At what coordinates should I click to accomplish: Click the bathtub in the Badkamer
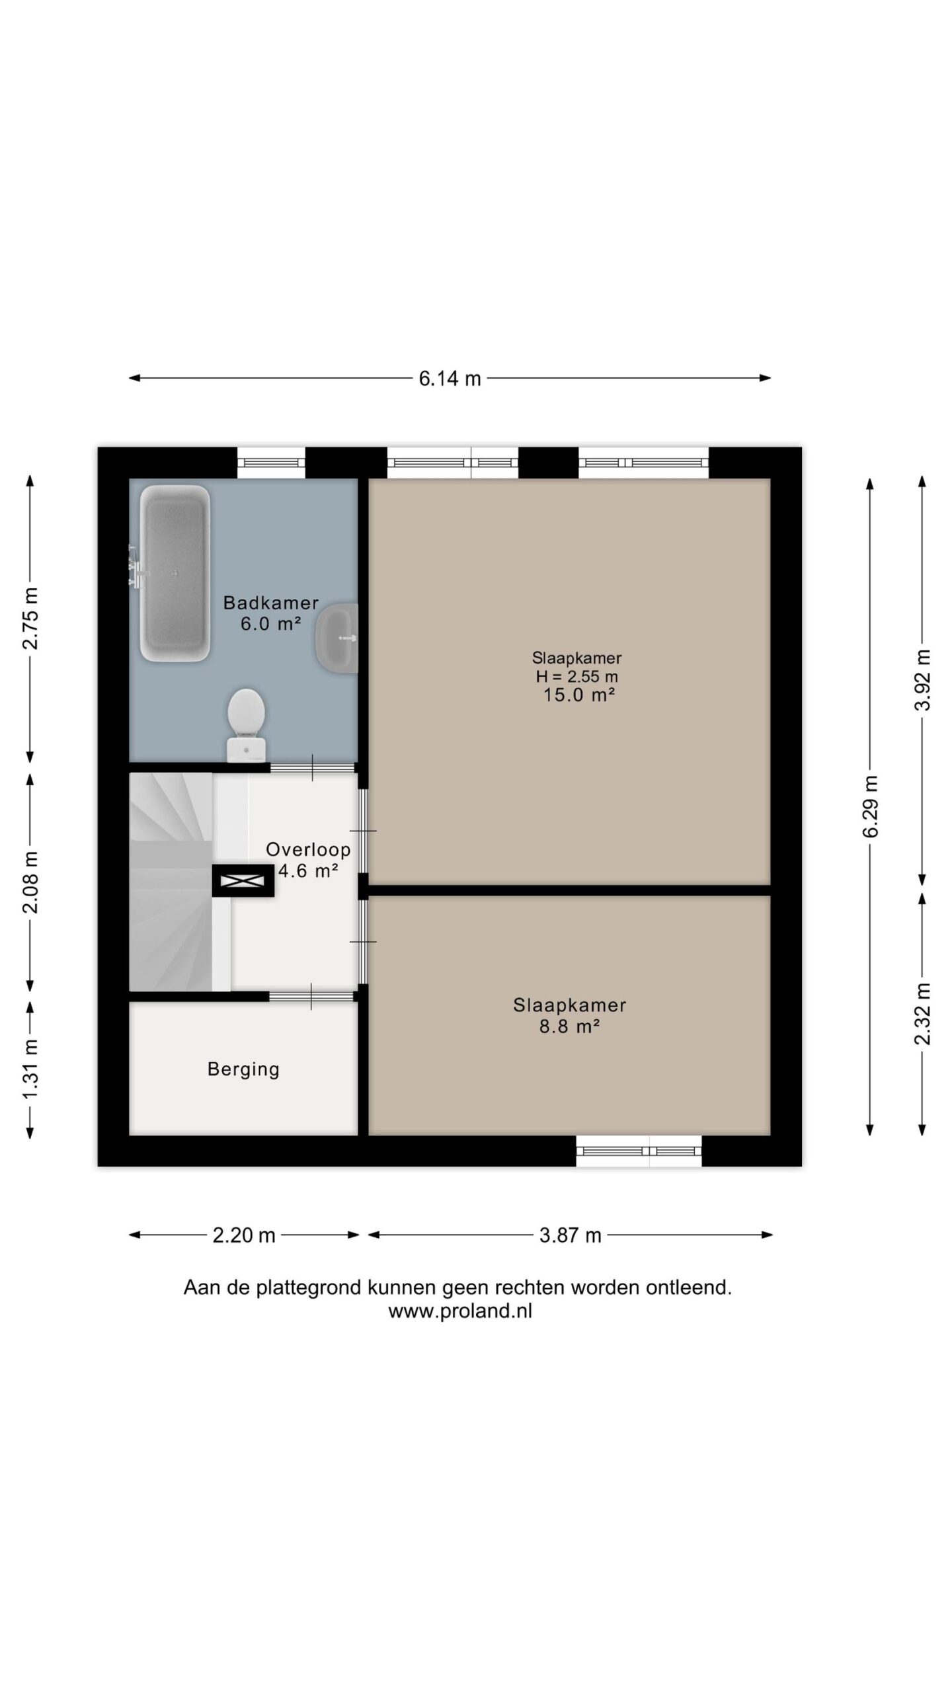[175, 574]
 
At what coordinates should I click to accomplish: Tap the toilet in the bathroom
[246, 726]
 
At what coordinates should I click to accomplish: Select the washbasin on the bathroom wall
[337, 638]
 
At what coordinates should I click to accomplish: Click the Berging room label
[243, 1069]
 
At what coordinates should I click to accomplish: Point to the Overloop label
[308, 849]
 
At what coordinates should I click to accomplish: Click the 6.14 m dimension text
[450, 379]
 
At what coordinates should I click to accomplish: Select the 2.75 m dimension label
[30, 619]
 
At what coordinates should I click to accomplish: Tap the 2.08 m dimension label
[30, 882]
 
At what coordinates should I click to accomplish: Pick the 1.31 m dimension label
[30, 1069]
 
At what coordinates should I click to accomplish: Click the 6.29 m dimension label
[870, 806]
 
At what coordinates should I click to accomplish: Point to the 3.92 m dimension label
[922, 679]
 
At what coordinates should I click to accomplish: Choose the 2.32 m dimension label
[922, 1014]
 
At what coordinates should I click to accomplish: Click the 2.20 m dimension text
[244, 1235]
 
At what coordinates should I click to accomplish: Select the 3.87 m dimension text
[570, 1235]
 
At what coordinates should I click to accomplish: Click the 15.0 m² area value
[579, 695]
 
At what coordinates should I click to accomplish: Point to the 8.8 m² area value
[569, 1026]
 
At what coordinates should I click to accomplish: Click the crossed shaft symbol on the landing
[243, 881]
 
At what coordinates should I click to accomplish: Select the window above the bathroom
[271, 463]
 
